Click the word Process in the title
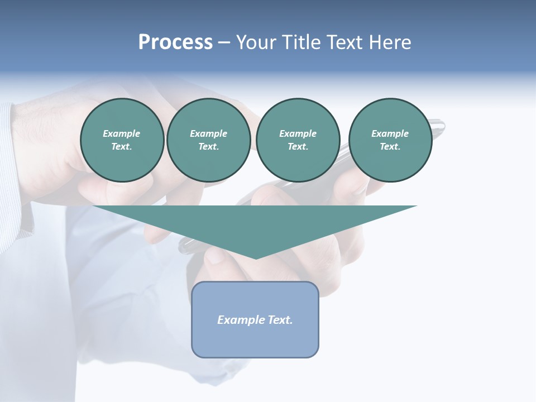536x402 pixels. coord(175,42)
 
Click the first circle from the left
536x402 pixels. coord(122,140)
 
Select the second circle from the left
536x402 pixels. coord(208,140)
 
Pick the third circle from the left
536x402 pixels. coord(298,140)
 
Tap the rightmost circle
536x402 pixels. coord(390,140)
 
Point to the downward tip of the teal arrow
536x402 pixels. coord(256,257)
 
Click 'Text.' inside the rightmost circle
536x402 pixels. coord(390,147)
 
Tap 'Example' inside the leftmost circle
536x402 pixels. coord(122,133)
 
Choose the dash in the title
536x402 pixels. coord(224,42)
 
